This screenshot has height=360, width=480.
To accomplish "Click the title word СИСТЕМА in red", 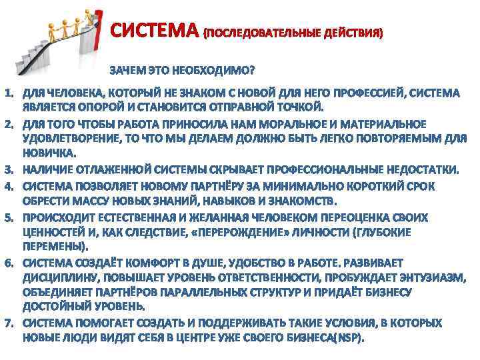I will click(155, 31).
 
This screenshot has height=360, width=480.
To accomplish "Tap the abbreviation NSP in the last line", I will click(348, 338).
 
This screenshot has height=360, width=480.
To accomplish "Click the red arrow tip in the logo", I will click(99, 14).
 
